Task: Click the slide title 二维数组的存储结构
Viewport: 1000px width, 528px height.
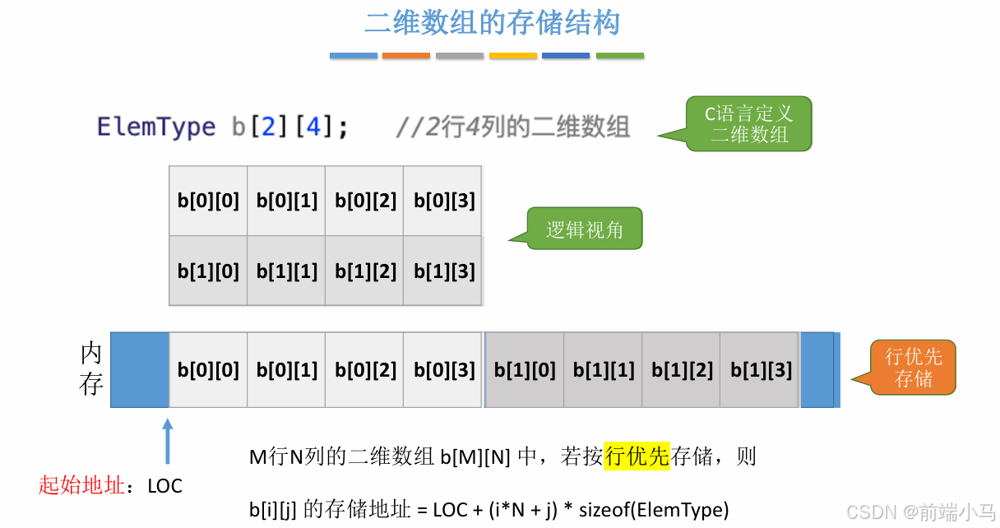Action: coord(492,22)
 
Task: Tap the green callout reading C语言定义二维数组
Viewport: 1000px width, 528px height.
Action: coord(749,124)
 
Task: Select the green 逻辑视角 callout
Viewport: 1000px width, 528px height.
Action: coord(585,229)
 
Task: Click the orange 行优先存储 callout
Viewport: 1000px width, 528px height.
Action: coord(914,368)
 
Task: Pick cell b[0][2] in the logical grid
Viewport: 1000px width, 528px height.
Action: coord(365,201)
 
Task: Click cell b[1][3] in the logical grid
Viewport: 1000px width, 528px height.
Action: coord(444,271)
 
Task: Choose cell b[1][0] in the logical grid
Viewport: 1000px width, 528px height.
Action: coord(208,271)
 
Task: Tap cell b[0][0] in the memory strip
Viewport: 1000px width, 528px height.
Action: coord(208,370)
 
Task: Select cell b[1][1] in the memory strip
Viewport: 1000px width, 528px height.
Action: coord(604,370)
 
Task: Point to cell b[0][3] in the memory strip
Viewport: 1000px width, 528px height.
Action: coord(444,370)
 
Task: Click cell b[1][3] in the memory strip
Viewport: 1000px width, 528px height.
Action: coord(761,370)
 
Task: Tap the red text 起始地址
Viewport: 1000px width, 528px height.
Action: coord(81,485)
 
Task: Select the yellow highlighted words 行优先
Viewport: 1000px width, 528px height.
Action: coord(637,456)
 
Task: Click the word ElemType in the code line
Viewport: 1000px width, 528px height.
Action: coord(156,127)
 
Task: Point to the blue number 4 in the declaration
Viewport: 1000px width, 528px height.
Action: coord(313,127)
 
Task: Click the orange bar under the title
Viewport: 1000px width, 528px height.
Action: coord(406,56)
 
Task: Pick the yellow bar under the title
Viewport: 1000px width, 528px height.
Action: coord(513,56)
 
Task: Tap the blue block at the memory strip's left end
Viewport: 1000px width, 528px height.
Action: coord(140,370)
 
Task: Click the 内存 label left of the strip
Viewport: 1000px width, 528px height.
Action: coord(91,369)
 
